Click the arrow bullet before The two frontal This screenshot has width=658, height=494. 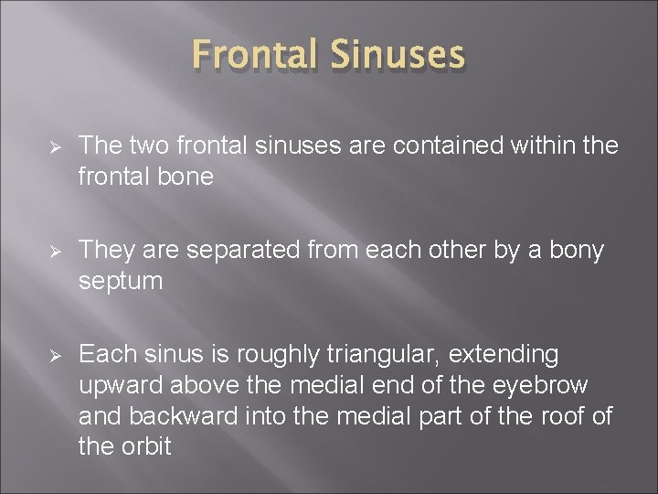[53, 146]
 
